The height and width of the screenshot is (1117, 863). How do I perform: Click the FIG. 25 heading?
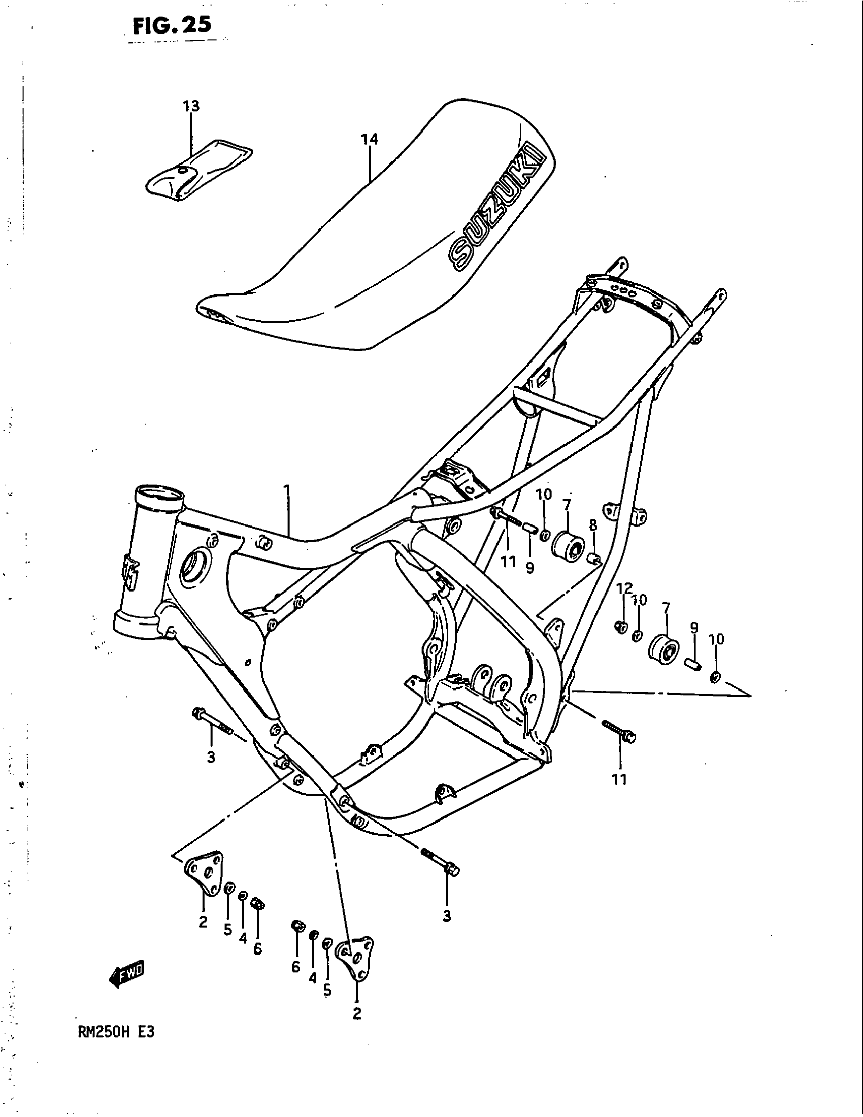171,25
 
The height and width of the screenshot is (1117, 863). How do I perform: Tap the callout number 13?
191,107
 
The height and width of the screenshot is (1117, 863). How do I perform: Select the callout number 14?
369,139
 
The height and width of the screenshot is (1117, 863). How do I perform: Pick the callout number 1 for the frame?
287,491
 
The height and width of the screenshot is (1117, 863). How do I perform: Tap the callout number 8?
592,525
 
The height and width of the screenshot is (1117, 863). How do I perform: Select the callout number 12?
624,588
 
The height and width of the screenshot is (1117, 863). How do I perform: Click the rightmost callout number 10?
716,639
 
